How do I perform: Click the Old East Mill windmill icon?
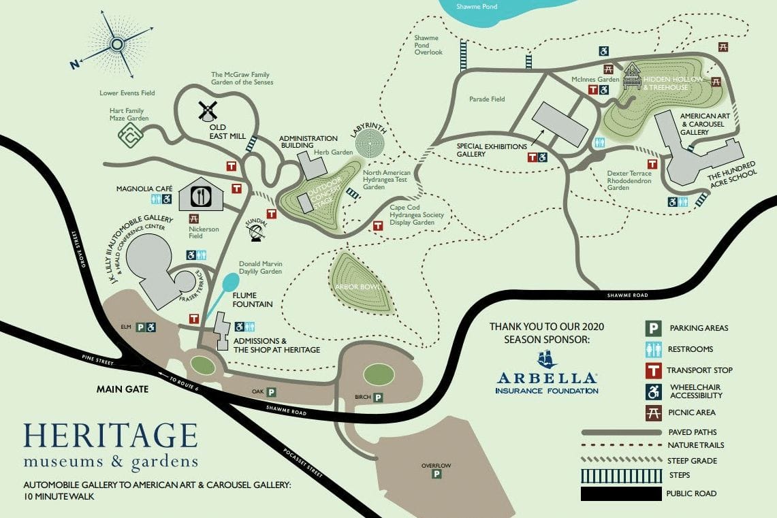coord(207,110)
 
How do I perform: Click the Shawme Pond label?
coord(477,7)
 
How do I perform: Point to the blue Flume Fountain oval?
coord(231,282)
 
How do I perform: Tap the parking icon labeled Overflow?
coord(436,474)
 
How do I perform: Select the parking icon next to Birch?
coord(377,398)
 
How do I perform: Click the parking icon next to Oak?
coord(272,392)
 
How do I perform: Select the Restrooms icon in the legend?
coord(653,349)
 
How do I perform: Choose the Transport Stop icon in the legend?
coord(653,370)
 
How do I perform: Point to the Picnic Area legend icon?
coord(653,412)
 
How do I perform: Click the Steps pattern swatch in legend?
coord(621,475)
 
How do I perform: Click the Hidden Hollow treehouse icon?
coord(633,74)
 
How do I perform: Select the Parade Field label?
coord(487,99)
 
